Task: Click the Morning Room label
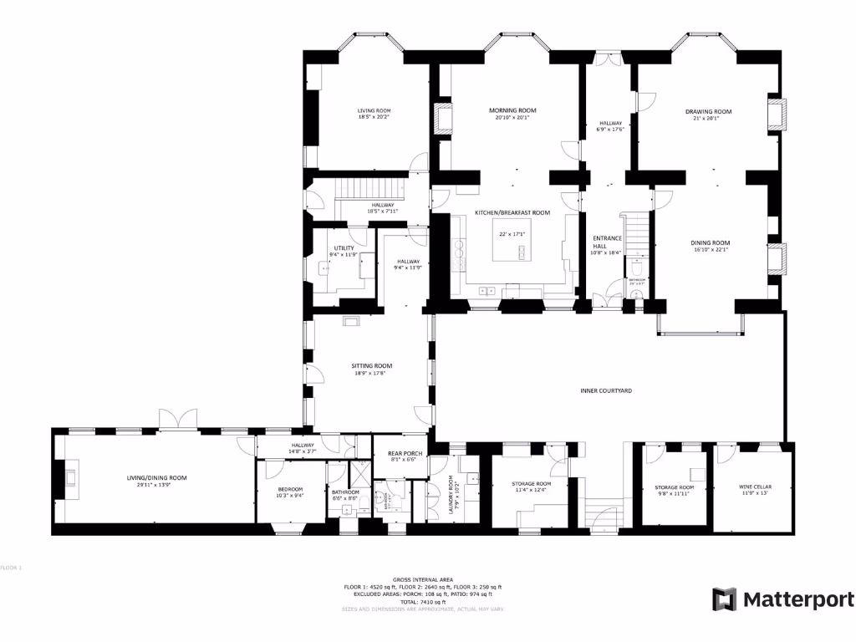click(512, 110)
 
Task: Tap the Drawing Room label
click(708, 111)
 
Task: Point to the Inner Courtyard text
click(606, 390)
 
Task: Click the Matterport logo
click(783, 599)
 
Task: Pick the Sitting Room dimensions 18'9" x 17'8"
click(371, 374)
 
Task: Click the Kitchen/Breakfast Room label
click(512, 213)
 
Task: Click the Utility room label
click(344, 247)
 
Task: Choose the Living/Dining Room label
click(156, 477)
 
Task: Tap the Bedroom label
click(290, 489)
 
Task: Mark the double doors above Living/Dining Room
click(178, 419)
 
